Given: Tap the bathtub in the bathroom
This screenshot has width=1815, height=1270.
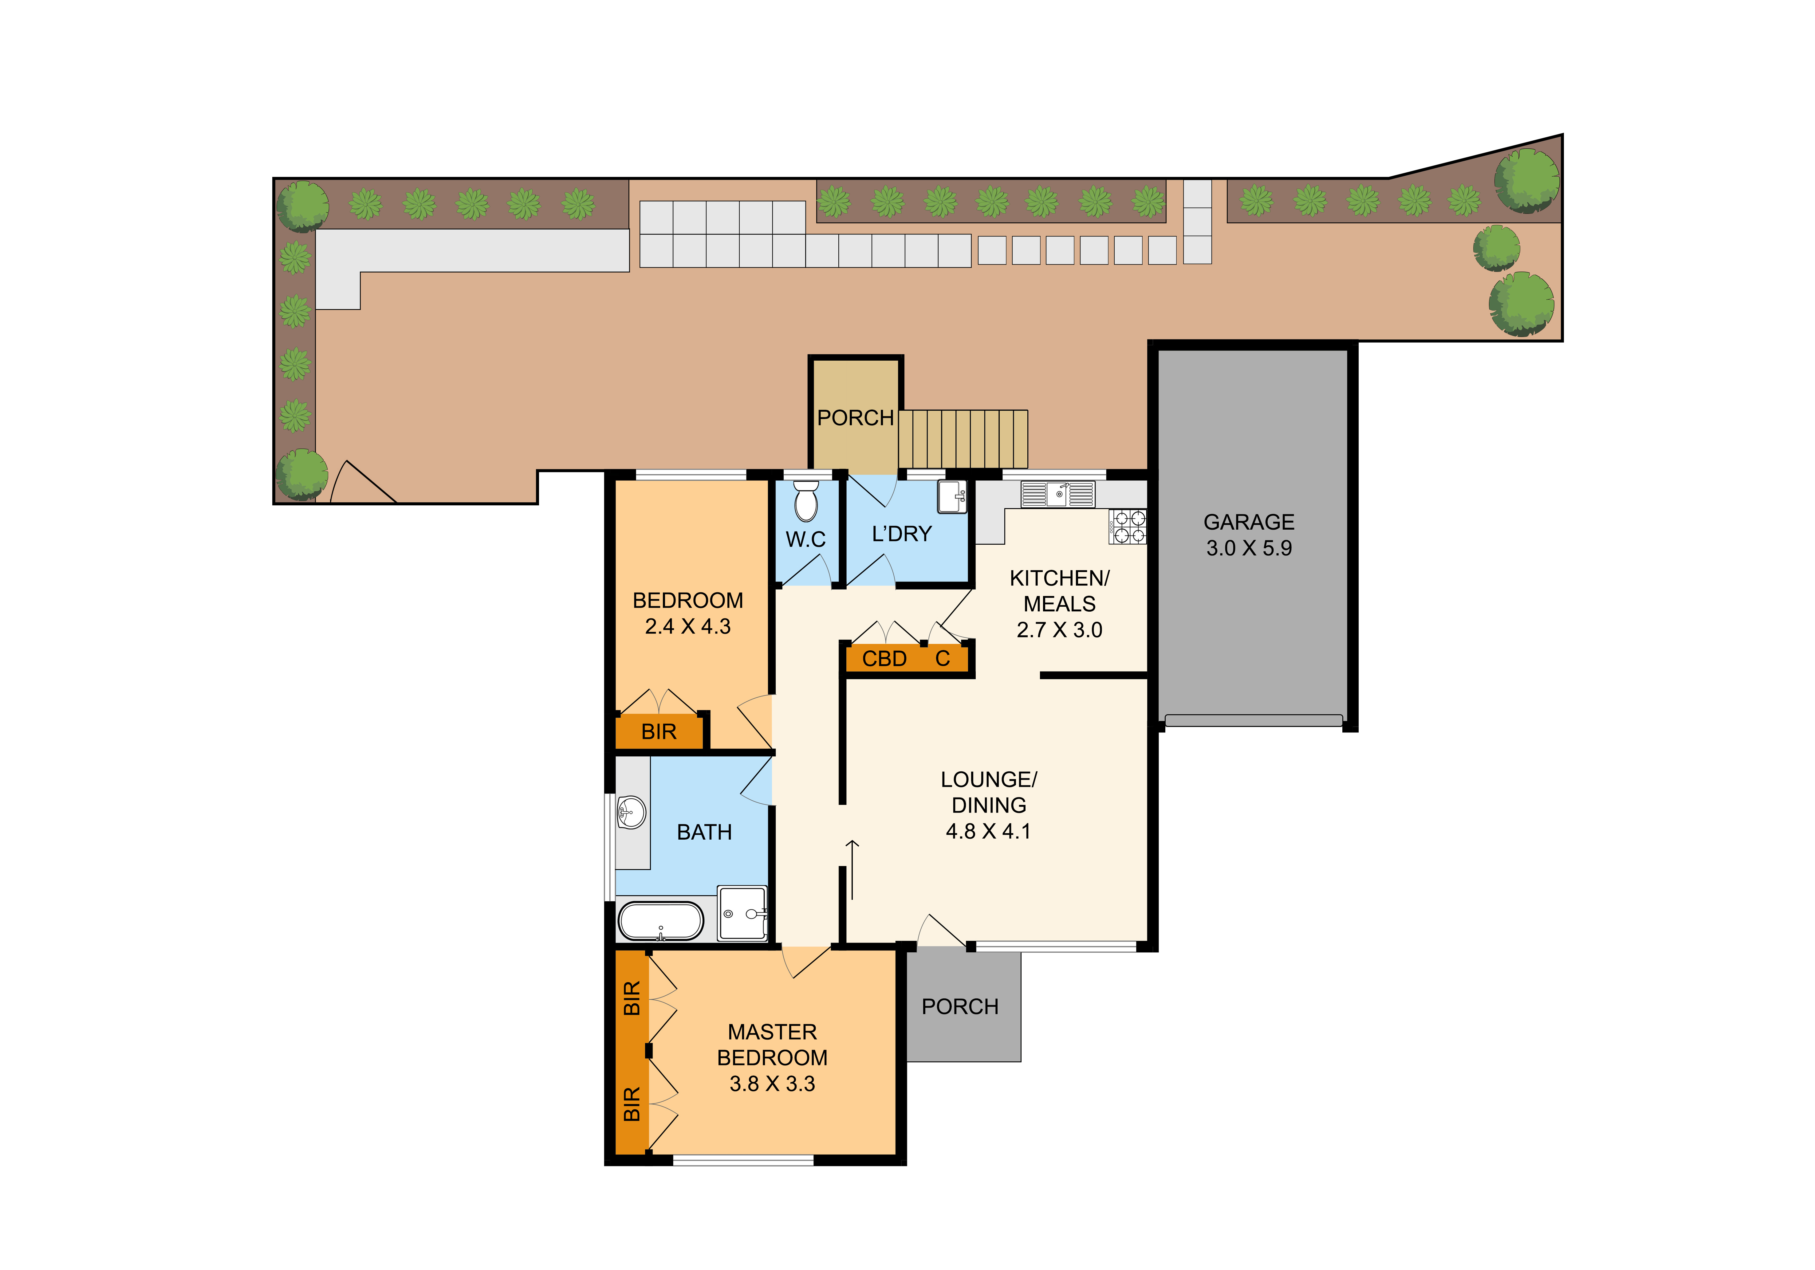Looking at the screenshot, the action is [660, 921].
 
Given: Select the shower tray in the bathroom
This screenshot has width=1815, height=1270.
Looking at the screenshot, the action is [742, 914].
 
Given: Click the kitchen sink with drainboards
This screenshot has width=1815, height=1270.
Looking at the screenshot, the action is [1058, 494].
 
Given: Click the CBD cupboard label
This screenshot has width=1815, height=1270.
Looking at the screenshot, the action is [884, 658].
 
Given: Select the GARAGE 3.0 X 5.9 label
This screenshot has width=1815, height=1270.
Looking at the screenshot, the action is [1249, 535].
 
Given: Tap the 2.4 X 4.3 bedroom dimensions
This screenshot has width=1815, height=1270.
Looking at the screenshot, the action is [688, 626].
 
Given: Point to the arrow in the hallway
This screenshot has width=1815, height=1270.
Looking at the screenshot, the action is [852, 869].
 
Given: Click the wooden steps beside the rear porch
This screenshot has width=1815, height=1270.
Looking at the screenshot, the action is [963, 439].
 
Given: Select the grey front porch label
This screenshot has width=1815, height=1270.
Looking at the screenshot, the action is [960, 1007].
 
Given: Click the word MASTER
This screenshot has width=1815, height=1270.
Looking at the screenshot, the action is [772, 1032].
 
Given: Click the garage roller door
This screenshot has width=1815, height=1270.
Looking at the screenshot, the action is [1254, 720].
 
